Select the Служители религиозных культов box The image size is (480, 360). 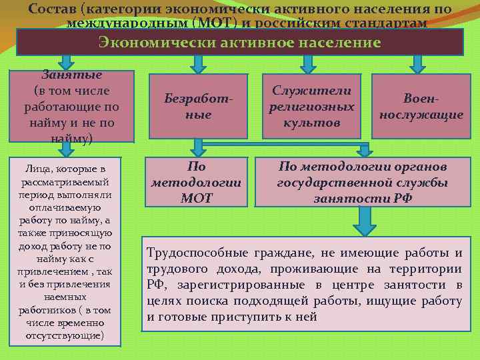(311, 106)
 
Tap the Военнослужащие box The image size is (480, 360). (421, 106)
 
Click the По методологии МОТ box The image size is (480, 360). (197, 182)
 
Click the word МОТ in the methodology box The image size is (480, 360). (197, 198)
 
